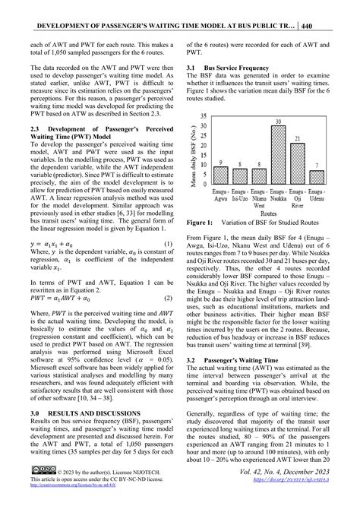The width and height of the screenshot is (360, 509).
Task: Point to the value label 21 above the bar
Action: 299,139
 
